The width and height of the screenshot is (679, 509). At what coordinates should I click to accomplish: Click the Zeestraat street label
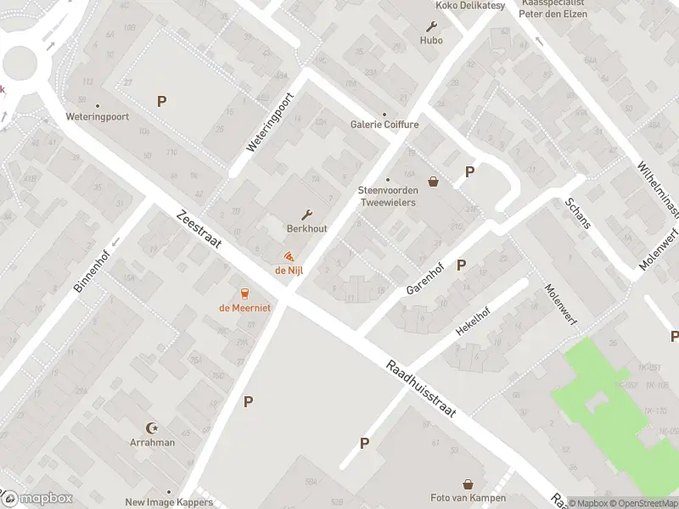199,228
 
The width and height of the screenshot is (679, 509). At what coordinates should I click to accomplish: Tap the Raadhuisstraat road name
421,389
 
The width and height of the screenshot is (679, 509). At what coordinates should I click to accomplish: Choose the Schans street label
580,219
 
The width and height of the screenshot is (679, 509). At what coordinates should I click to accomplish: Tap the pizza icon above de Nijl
289,256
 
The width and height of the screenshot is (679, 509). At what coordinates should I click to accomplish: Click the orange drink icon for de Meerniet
244,294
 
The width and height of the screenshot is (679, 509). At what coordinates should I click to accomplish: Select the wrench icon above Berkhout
306,215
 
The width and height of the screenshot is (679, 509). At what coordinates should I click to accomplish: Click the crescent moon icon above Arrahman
153,428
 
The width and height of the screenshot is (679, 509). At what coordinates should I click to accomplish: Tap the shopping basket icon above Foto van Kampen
468,484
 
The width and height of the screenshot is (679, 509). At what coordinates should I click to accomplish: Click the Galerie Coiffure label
384,125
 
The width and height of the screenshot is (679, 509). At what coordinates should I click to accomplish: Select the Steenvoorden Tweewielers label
388,195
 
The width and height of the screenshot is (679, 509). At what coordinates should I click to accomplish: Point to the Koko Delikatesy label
469,6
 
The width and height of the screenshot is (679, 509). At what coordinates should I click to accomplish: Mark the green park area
607,399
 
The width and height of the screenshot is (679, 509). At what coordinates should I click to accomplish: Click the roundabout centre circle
19,61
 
